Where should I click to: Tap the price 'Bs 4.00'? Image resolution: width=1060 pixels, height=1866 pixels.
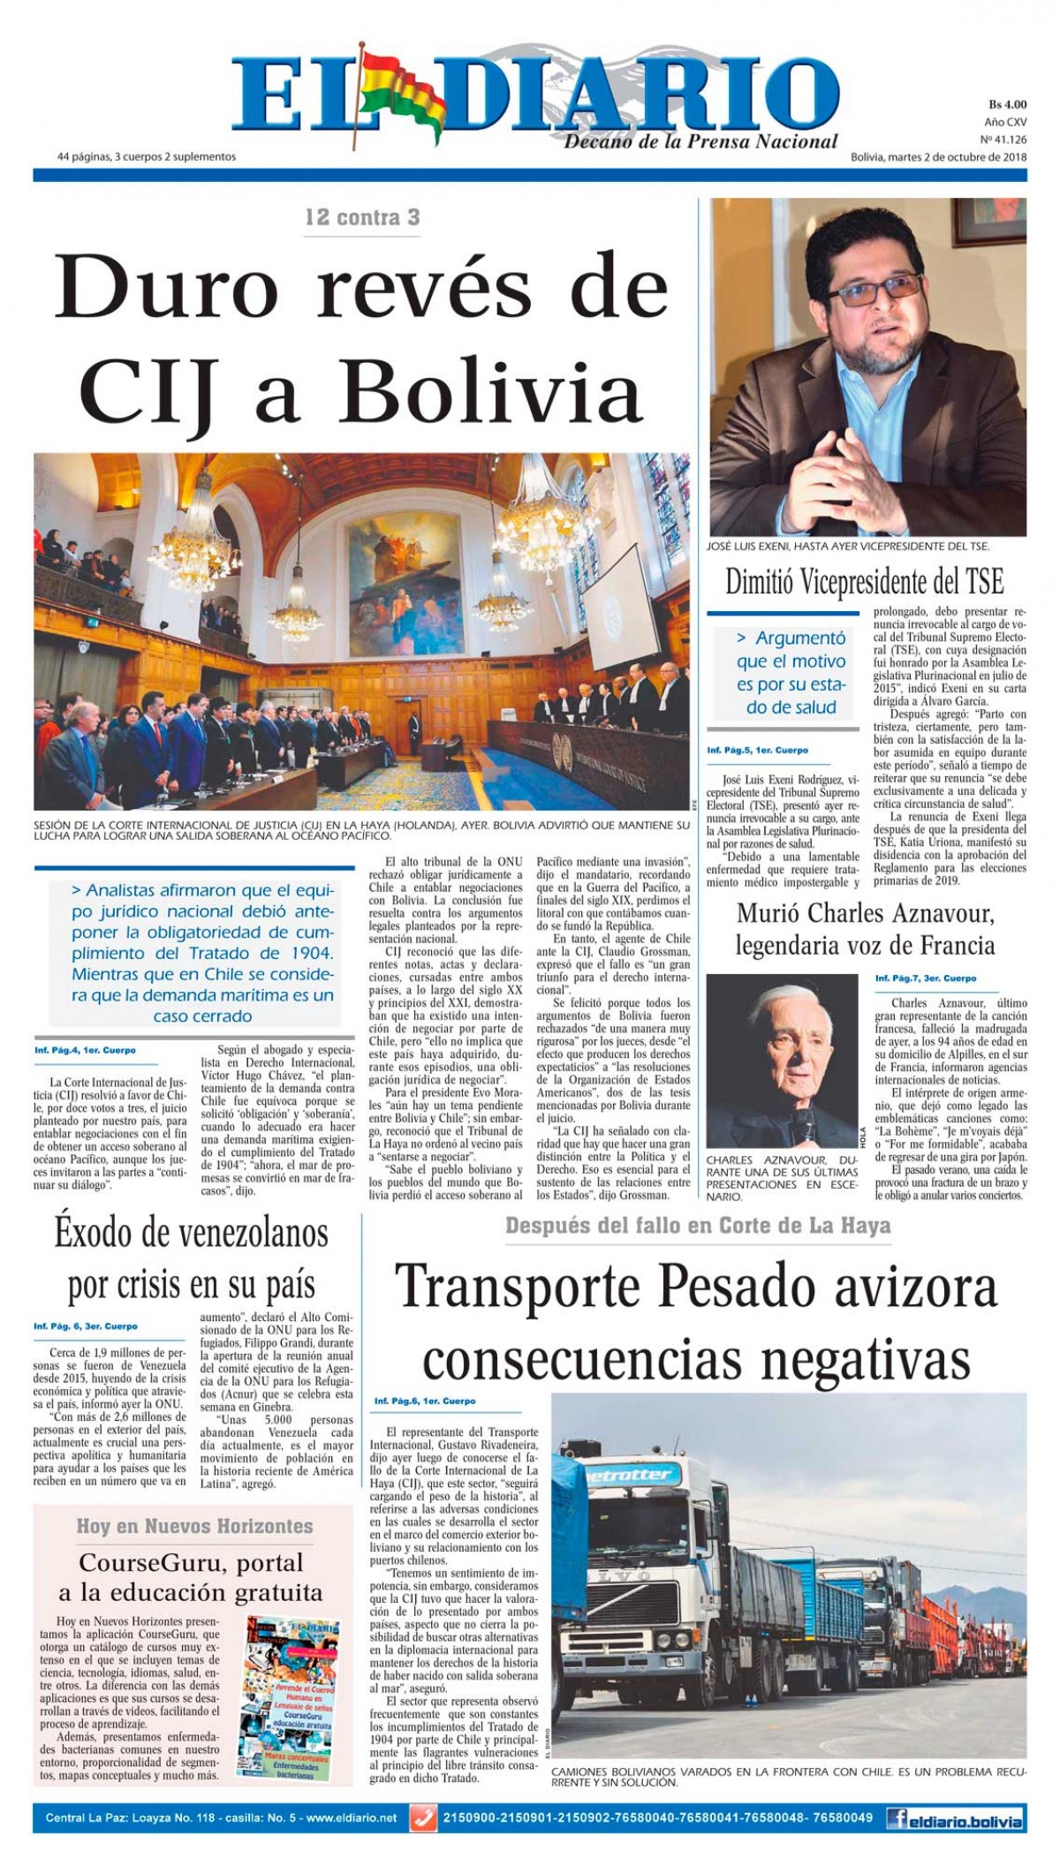click(x=1007, y=103)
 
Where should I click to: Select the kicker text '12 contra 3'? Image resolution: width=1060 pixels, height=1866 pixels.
click(x=362, y=217)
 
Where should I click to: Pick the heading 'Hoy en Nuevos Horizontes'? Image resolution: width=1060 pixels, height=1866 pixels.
click(x=194, y=1526)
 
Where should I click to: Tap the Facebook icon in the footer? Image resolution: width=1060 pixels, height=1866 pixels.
click(x=898, y=1818)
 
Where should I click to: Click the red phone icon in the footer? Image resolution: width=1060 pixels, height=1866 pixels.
click(x=424, y=1818)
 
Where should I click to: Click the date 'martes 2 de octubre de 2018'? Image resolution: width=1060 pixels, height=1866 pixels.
click(x=959, y=157)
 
